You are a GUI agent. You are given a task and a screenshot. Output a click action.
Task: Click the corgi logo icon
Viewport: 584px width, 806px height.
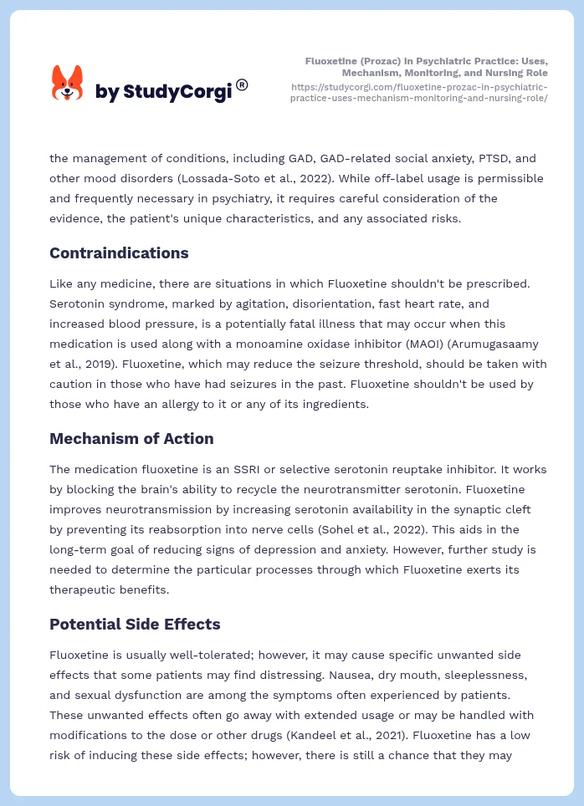[x=68, y=84]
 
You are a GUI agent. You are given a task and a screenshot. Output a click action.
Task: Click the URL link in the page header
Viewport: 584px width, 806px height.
[x=419, y=92]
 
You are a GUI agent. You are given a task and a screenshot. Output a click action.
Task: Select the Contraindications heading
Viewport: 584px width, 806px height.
[x=119, y=253]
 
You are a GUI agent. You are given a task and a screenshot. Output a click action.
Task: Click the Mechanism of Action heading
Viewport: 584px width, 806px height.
[x=131, y=438]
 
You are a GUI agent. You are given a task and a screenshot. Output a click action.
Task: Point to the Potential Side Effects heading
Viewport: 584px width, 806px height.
[x=135, y=624]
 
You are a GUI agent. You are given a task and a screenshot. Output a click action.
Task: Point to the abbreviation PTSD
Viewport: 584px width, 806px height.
[x=469, y=158]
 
